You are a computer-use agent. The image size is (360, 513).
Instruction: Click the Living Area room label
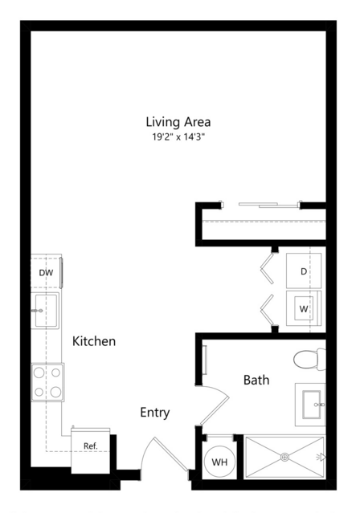tap(178, 122)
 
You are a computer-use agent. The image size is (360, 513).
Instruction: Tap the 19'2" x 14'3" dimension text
tap(178, 136)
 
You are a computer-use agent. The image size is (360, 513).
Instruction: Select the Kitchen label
tap(94, 341)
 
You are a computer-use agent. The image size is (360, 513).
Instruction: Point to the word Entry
tap(154, 413)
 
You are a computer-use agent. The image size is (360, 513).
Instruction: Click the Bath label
tap(256, 380)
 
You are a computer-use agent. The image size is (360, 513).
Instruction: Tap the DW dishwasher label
tap(46, 273)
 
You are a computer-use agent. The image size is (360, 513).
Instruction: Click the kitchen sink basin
tap(46, 311)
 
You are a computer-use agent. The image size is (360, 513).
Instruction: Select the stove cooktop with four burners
tap(47, 382)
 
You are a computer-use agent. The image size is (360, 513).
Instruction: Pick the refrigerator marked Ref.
tap(91, 450)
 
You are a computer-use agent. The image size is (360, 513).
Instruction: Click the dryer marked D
tap(304, 271)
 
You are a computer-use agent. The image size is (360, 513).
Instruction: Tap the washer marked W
tap(304, 308)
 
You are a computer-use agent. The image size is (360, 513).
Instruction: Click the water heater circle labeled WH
tap(219, 462)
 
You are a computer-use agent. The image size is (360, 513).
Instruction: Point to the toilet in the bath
tap(309, 360)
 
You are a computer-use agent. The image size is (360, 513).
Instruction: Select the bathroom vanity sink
tap(310, 405)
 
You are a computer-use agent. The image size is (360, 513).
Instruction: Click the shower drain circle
tap(284, 457)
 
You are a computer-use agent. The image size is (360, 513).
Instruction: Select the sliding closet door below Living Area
tap(268, 206)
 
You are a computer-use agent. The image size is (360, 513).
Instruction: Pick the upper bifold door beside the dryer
tap(268, 268)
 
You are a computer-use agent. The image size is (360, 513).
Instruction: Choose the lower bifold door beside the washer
tap(268, 310)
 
